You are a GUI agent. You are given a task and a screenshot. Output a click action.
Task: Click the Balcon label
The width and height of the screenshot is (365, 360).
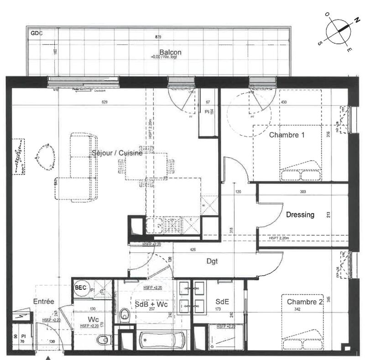(170, 52)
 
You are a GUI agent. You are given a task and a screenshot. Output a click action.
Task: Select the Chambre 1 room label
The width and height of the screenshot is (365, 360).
(287, 135)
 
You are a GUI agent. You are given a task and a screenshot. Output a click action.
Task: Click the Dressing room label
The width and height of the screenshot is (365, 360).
(300, 215)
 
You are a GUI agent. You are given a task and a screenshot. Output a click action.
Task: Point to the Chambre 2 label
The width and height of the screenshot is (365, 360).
(305, 302)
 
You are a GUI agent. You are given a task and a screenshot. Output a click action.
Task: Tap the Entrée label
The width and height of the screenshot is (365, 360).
(44, 302)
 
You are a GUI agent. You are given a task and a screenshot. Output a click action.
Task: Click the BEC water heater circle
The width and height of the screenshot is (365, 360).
(80, 288)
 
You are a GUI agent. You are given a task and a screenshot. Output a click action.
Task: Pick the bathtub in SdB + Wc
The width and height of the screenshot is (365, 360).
(162, 339)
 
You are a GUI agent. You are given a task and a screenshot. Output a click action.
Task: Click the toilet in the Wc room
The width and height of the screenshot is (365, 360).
(104, 339)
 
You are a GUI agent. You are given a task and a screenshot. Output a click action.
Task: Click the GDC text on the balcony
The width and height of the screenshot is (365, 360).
(36, 33)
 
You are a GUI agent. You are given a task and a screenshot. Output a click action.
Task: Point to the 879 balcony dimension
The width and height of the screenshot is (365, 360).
(158, 36)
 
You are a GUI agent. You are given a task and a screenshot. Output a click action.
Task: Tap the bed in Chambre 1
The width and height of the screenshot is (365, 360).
(287, 153)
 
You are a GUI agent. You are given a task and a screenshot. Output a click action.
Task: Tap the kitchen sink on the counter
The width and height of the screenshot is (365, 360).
(155, 225)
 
